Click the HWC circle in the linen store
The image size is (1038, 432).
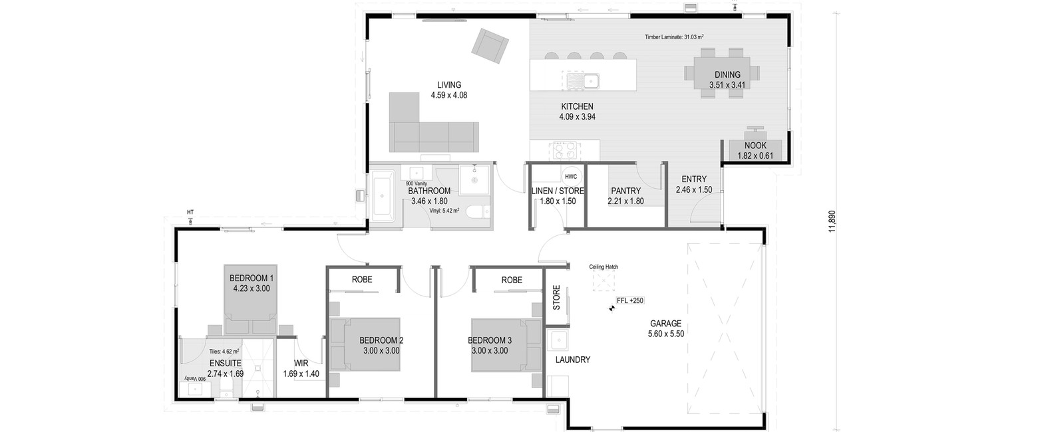[x=571, y=176]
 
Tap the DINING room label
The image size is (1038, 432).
[x=727, y=74]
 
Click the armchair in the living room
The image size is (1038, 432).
[x=490, y=46]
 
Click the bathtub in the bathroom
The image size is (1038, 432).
[x=383, y=195]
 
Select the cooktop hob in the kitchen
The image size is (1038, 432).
[x=564, y=151]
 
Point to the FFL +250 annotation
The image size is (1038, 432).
[x=630, y=300]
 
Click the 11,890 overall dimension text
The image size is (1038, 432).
[x=832, y=221]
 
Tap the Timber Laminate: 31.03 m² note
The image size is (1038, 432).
[x=674, y=37]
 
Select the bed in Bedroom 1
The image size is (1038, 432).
[x=251, y=300]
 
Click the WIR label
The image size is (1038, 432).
[x=301, y=364]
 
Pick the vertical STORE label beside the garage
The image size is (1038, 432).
[x=556, y=297]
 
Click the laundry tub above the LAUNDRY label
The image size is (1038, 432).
[x=558, y=341]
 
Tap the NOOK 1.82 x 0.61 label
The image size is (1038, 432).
[x=755, y=150]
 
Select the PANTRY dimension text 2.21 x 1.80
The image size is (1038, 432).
[x=625, y=201]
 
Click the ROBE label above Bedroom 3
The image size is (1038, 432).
[x=512, y=280]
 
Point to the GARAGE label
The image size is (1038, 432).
[x=666, y=324]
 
